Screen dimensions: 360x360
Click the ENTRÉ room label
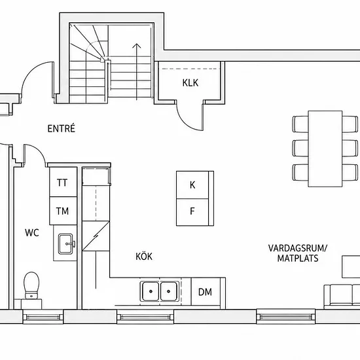pyautogui.click(x=62, y=128)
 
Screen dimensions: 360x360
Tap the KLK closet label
pyautogui.click(x=190, y=83)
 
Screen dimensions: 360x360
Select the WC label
pyautogui.click(x=32, y=232)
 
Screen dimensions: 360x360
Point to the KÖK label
pyautogui.click(x=144, y=256)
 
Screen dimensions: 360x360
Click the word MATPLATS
pyautogui.click(x=298, y=259)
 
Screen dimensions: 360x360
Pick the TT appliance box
pyautogui.click(x=63, y=182)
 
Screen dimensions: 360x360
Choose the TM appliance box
pyautogui.click(x=63, y=211)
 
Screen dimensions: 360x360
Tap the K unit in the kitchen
pyautogui.click(x=192, y=185)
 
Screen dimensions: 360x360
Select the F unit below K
pyautogui.click(x=192, y=212)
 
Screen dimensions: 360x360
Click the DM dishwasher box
pyautogui.click(x=206, y=292)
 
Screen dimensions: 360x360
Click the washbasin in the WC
pyautogui.click(x=66, y=244)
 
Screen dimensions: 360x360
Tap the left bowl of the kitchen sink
pyautogui.click(x=151, y=291)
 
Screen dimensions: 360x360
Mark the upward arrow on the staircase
pyautogui.click(x=137, y=71)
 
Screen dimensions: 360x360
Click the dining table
pyautogui.click(x=325, y=149)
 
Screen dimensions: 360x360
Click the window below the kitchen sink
pyautogui.click(x=145, y=317)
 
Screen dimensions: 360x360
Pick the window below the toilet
pyautogui.click(x=43, y=317)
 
